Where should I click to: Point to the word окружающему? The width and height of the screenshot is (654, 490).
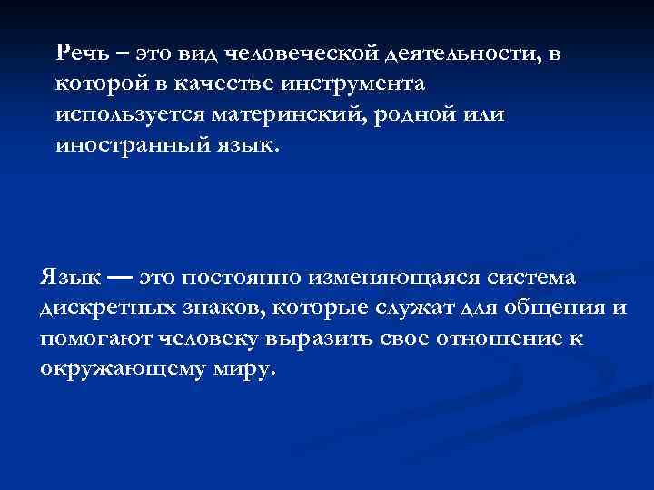click(115, 370)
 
